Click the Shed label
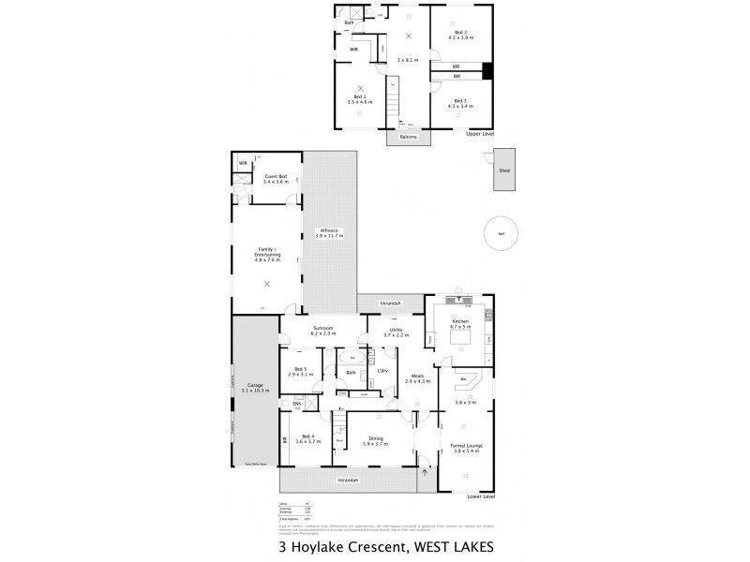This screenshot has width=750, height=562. pyautogui.click(x=503, y=170)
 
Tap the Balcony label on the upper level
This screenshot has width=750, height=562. pyautogui.click(x=407, y=137)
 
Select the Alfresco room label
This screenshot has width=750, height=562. pyautogui.click(x=329, y=229)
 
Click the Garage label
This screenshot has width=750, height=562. pyautogui.click(x=255, y=385)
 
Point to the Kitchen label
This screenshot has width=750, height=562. pyautogui.click(x=459, y=321)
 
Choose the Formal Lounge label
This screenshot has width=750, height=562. pyautogui.click(x=466, y=446)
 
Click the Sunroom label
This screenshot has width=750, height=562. pyautogui.click(x=324, y=329)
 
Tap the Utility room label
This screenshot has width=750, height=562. pyautogui.click(x=392, y=332)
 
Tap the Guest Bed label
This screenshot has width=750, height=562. pyautogui.click(x=276, y=176)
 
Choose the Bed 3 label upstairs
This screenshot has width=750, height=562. pyautogui.click(x=459, y=100)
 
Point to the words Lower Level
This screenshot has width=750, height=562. pyautogui.click(x=481, y=496)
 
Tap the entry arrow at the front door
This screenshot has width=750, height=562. pyautogui.click(x=424, y=471)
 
